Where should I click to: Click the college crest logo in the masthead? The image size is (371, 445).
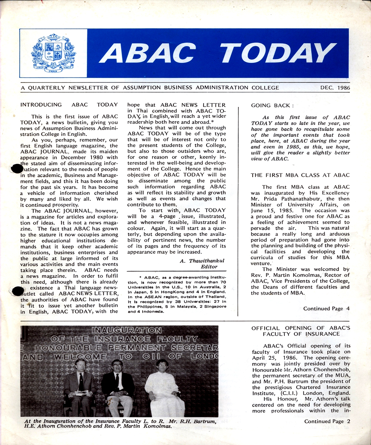click(53, 53)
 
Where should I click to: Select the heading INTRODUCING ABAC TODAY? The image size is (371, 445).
click(69, 105)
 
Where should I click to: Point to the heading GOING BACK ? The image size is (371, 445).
click(267, 105)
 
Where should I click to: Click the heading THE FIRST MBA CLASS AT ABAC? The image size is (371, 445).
click(300, 175)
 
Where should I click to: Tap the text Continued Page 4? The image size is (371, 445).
click(326, 308)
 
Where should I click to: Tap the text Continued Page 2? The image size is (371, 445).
click(326, 421)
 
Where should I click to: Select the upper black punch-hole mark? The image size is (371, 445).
click(16, 169)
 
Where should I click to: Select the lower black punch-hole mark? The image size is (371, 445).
click(17, 291)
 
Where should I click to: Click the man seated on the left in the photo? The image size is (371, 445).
click(80, 387)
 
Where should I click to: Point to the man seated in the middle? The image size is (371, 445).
click(118, 387)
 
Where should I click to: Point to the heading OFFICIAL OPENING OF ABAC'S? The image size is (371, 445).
click(300, 328)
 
